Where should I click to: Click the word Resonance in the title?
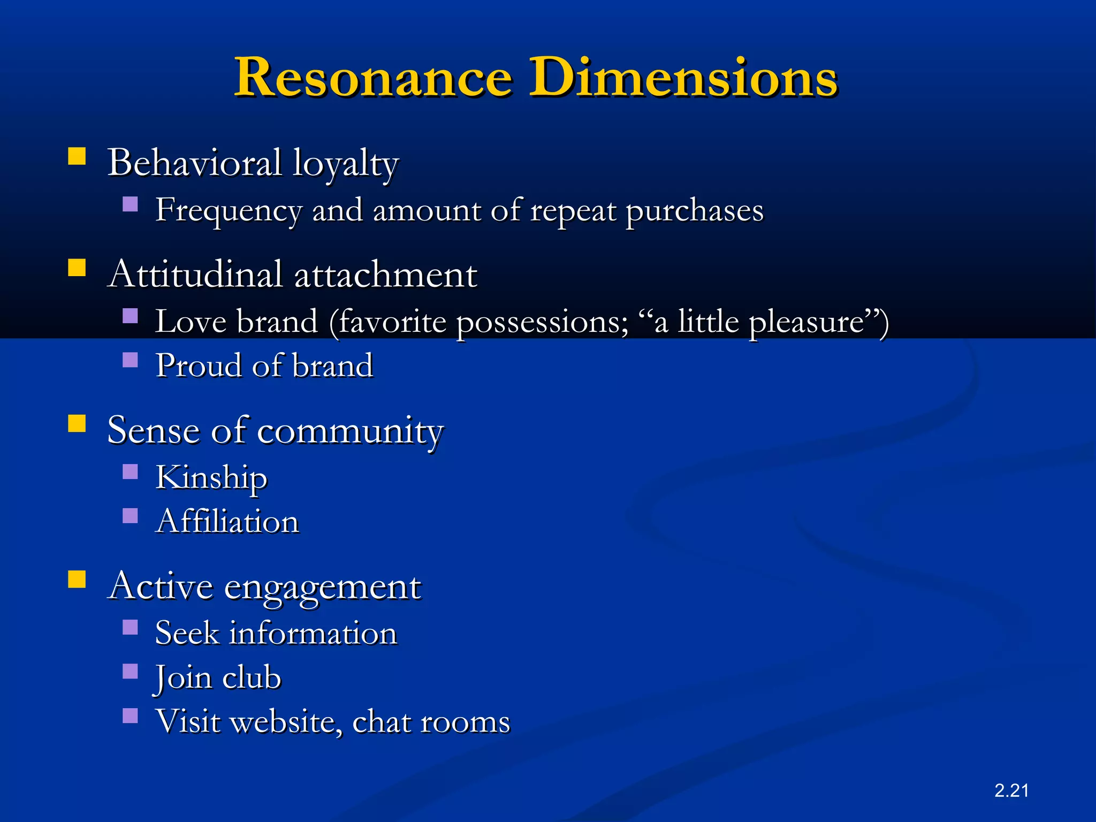[374, 78]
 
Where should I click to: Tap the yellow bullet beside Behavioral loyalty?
[77, 156]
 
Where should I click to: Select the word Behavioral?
[194, 163]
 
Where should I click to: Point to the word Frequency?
[229, 210]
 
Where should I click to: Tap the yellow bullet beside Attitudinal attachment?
[77, 268]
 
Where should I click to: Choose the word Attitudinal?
[194, 274]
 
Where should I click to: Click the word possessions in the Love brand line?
[542, 323]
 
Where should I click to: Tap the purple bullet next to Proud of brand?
[130, 360]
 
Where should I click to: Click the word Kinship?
[211, 477]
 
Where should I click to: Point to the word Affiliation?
[227, 522]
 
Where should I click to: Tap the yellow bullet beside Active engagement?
[77, 579]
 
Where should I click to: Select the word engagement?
[322, 588]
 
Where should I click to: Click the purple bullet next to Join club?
[130, 671]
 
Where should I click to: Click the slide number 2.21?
[1011, 790]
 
